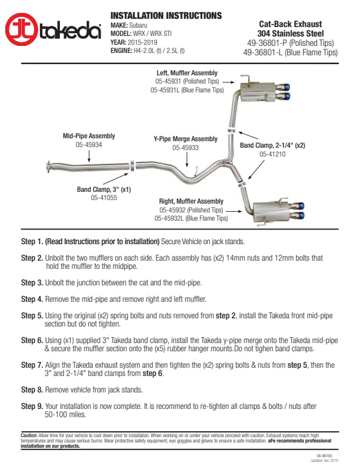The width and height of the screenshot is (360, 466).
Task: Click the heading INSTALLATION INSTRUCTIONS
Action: coord(166,16)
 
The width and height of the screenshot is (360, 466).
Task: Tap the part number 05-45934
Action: coord(89,145)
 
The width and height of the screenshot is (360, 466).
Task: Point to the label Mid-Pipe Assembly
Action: coord(89,136)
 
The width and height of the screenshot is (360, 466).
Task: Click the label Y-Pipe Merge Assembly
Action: coord(185,139)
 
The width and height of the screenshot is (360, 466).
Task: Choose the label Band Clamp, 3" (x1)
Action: coord(104,189)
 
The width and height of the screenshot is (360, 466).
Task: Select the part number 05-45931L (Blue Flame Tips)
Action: coord(186,91)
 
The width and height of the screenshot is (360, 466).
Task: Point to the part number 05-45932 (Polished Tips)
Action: coord(191,209)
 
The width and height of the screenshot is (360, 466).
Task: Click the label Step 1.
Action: coord(32,241)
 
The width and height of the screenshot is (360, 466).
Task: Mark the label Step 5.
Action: coord(32,316)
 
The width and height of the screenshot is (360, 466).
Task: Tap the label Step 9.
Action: coord(32,406)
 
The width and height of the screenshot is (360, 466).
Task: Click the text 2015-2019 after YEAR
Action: coord(142,43)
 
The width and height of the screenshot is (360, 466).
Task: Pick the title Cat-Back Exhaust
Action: coord(290,24)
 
